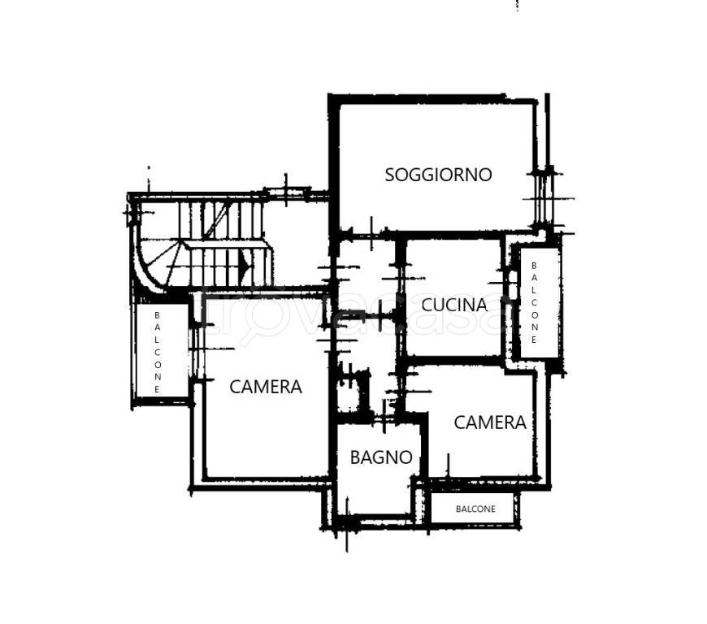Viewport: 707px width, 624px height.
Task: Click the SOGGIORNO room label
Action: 438,175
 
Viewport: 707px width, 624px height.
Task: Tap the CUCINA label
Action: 454,305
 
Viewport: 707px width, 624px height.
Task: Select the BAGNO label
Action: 381,457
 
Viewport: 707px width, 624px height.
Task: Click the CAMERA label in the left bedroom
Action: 266,387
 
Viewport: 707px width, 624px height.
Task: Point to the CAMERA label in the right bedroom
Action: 490,423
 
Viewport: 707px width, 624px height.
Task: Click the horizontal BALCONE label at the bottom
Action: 475,509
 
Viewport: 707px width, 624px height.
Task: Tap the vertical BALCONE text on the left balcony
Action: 157,352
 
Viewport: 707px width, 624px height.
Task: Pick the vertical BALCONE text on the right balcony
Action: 534,302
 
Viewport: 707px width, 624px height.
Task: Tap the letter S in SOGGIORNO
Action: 389,175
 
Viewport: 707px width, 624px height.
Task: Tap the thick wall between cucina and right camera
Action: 453,360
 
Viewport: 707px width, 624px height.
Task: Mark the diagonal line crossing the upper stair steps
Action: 216,219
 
